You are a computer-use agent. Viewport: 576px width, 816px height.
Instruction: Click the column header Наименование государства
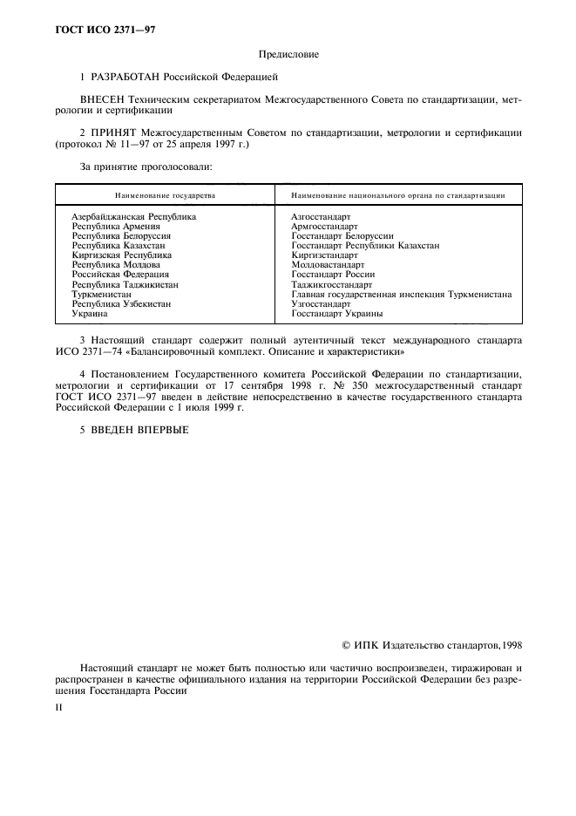(166, 196)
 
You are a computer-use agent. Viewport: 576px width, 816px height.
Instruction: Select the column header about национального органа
(398, 196)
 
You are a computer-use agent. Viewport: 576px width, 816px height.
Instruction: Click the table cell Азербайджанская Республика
(134, 216)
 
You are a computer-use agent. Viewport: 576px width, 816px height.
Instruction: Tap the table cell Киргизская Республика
(122, 255)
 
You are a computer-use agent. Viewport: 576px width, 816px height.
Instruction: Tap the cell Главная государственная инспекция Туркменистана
(401, 295)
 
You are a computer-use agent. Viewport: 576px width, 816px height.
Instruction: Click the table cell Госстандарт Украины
(336, 314)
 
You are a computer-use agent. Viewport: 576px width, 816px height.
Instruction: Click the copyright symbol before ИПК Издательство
(348, 646)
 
